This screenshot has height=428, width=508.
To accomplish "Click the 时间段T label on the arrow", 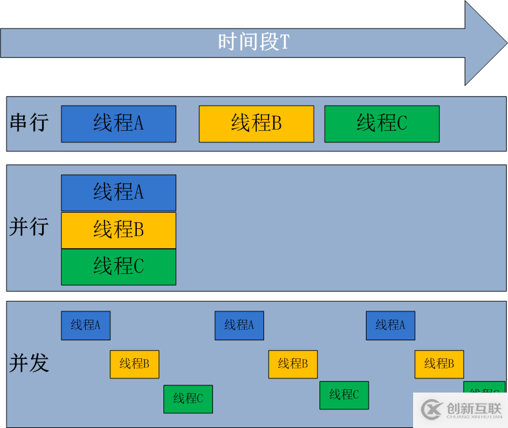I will pos(254,43).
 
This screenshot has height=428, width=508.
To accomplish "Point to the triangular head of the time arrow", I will pos(484,43).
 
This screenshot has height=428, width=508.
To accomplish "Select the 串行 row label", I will pos(29,122).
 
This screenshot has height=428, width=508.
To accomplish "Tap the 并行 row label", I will pos(29,227).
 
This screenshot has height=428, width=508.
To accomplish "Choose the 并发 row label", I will pos(29,363).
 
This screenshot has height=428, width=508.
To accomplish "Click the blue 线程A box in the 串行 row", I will pos(118,123).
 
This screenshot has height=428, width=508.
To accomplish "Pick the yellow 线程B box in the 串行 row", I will pos(256,123).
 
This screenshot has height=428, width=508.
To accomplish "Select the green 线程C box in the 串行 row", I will pos(381,123).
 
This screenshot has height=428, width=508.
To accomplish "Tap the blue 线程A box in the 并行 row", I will pos(118,193).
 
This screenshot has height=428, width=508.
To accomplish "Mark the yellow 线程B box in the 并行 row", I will pos(118,230).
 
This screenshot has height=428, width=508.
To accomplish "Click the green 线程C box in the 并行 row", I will pos(118,266).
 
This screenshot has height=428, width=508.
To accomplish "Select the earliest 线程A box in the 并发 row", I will pos(85,326).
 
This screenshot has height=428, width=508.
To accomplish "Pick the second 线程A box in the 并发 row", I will pos(239,326).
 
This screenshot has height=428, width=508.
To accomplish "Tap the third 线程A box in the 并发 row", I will pos(390,326).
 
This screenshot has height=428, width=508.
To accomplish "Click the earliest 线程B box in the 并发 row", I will pos(134,364).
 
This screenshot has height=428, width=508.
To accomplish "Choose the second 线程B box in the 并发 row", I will pos(292,364).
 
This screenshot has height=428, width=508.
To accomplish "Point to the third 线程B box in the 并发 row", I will pos(439,364).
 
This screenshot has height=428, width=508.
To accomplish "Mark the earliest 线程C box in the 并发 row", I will pos(188,399).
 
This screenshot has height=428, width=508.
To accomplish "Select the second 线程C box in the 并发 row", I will pos(344,395).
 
